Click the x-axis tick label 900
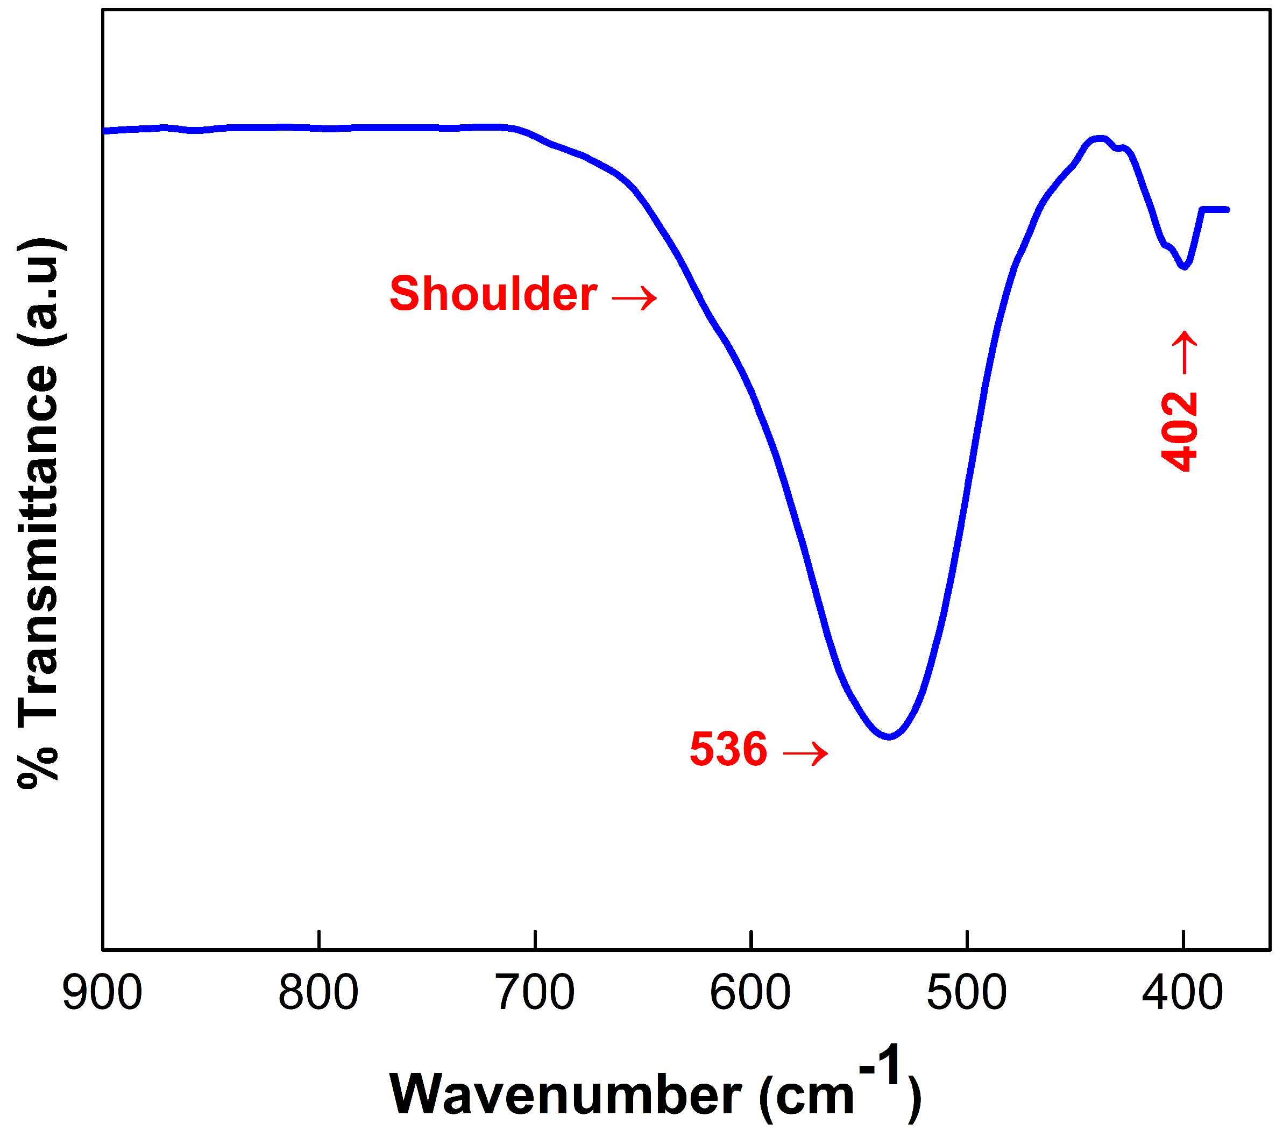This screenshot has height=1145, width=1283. pos(103,993)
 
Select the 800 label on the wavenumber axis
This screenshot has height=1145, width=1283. pos(318,993)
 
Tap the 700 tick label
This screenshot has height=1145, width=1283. pos(535,993)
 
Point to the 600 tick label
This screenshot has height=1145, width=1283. pos(750,993)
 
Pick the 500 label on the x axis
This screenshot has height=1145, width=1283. pos(967,993)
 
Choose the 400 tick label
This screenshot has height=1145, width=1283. pos(1183,993)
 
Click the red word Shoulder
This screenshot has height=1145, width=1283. pos(493,294)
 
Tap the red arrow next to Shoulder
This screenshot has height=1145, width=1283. pos(635,297)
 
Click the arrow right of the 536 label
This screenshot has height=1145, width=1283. pos(805,752)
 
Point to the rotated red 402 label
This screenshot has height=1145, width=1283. pos(1179,431)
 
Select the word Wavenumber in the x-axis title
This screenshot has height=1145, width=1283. pos(566,1094)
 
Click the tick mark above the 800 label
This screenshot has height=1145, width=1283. pos(319,940)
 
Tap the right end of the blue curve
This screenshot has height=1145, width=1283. pos(1227,210)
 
